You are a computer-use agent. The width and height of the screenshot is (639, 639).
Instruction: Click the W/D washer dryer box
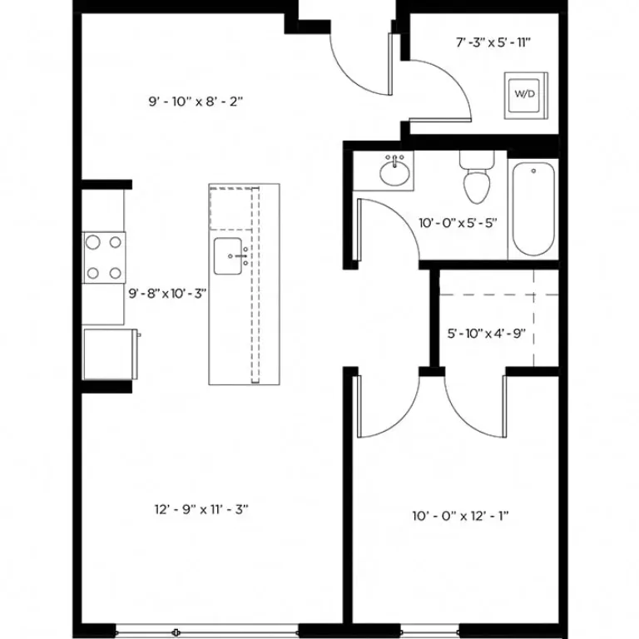point(524,94)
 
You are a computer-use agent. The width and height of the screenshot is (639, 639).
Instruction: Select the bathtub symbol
point(532,210)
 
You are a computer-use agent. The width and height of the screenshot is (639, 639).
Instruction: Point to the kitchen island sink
point(229,256)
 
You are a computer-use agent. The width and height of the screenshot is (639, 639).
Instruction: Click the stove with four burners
point(103,257)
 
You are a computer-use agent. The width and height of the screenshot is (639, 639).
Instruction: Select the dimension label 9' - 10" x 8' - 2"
point(196,102)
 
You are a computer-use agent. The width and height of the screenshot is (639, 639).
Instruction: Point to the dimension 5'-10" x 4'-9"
point(487,334)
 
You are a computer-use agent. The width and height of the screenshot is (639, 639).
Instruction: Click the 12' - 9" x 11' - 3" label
point(201,509)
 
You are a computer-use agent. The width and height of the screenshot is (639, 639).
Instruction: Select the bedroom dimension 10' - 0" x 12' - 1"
point(461,516)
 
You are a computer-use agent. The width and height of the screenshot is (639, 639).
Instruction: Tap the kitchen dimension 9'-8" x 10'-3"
point(167,293)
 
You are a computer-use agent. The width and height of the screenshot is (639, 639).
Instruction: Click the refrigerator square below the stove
point(110,354)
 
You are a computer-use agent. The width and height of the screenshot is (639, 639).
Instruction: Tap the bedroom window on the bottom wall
point(453,628)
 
